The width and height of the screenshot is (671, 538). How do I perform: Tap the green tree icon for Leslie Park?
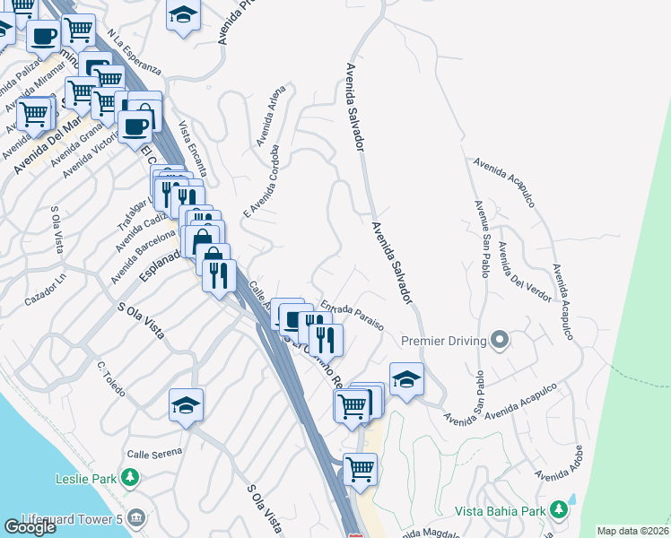point(131,476)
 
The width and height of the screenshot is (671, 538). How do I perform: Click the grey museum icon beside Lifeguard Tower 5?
point(136,517)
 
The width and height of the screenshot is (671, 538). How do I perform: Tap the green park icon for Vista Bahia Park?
point(560,509)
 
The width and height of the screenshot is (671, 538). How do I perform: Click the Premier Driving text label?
point(444,341)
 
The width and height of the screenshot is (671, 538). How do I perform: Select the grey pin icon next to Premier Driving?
point(500,340)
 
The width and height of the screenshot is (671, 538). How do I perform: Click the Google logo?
point(30,527)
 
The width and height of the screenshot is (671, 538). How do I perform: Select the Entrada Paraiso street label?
point(353,316)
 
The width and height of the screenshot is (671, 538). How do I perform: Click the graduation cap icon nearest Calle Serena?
point(186,404)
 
